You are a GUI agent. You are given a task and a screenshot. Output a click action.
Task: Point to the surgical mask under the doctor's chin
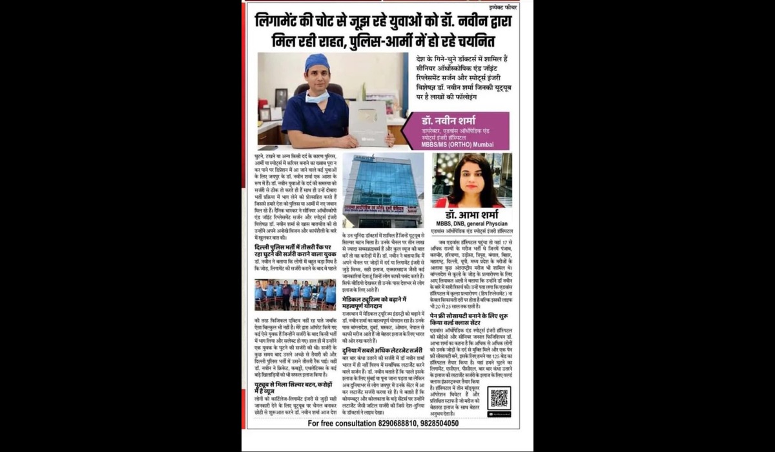317,97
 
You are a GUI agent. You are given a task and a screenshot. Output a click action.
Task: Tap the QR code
499,398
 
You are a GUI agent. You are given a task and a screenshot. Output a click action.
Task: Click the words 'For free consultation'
342,424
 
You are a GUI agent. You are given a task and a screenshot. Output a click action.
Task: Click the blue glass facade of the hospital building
380,184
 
